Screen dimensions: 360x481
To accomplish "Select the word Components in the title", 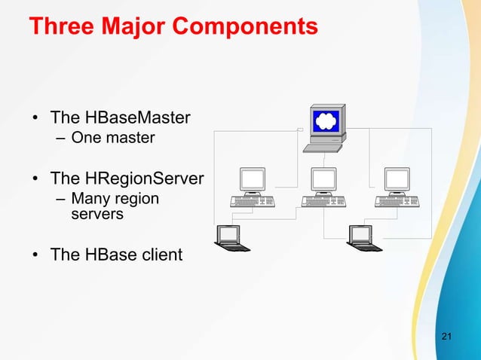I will (x=245, y=28).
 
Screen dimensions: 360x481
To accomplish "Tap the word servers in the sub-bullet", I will (x=97, y=215).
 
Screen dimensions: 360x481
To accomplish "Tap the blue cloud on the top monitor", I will (x=326, y=121).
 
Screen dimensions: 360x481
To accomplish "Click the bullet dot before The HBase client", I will (x=35, y=255).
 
